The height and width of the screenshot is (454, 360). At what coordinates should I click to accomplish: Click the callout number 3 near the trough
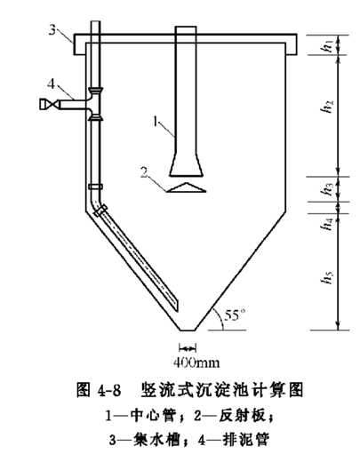point(52,30)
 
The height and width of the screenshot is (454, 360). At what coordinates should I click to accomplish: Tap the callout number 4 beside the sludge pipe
point(52,84)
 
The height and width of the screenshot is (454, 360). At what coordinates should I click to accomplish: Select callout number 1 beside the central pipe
point(156,122)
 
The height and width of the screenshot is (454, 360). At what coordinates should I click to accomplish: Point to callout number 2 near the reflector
point(144,172)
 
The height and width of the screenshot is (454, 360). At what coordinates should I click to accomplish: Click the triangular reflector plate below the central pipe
point(186,187)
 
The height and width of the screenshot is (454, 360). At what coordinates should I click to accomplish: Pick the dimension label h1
point(328,45)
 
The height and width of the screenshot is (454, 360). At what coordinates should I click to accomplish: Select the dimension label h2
point(328,107)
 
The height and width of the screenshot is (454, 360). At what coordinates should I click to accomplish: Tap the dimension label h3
point(328,188)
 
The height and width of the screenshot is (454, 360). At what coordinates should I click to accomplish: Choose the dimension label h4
point(327,224)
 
